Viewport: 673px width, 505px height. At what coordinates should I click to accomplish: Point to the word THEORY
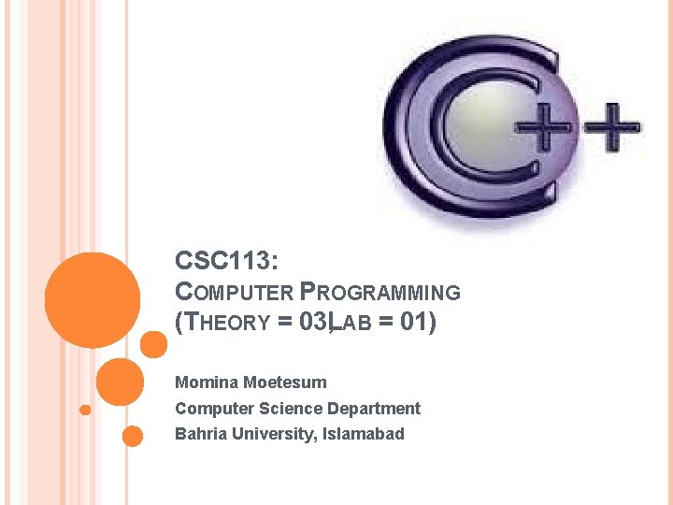(228, 323)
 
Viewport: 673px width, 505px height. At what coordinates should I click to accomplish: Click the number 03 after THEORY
(313, 323)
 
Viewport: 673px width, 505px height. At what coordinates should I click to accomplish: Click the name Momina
(207, 382)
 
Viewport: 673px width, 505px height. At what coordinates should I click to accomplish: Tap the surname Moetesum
(285, 382)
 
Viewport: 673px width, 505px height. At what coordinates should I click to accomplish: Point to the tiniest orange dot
(85, 410)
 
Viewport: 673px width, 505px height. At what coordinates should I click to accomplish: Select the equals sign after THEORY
(284, 323)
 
